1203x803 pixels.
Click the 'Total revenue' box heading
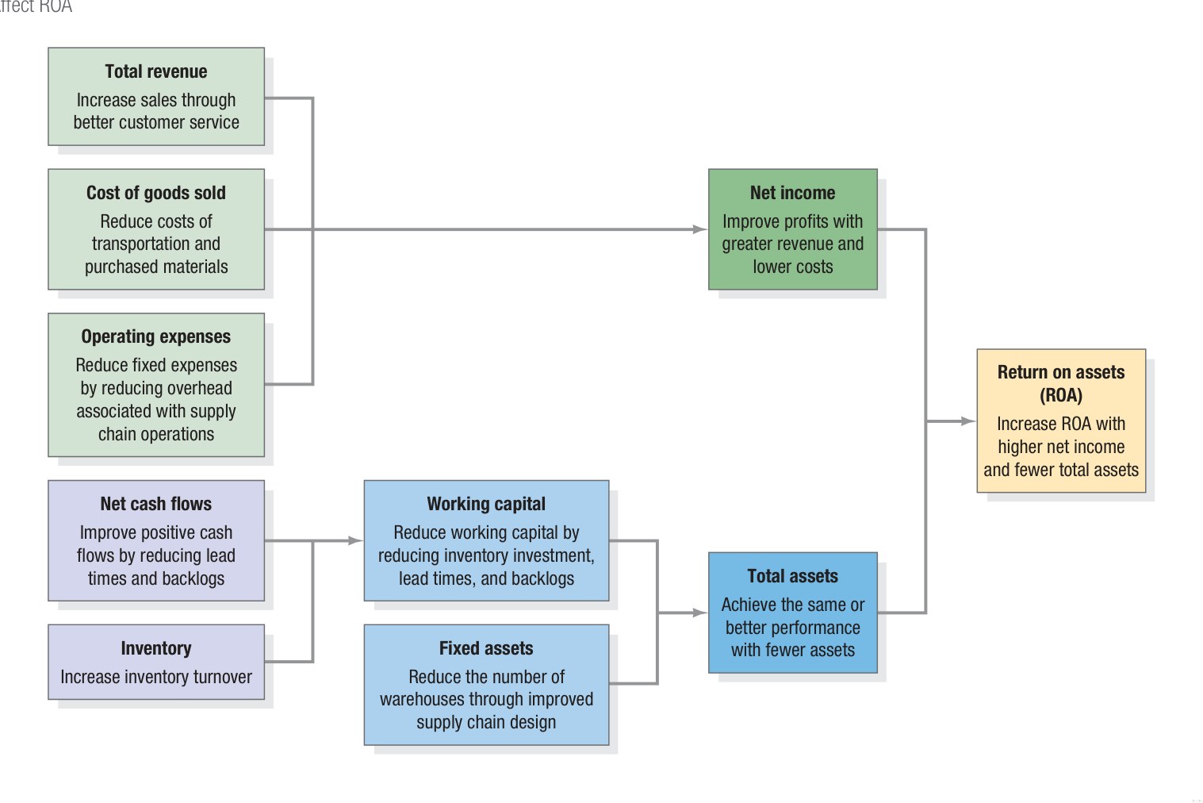(x=155, y=71)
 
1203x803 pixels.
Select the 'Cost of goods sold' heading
(x=155, y=193)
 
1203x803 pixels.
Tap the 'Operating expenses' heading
(x=155, y=336)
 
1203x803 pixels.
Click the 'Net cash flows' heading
(x=155, y=504)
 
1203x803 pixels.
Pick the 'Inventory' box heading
(x=155, y=648)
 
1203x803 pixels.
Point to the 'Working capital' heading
(x=486, y=504)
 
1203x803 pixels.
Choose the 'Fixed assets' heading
(x=486, y=648)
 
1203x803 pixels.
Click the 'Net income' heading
(x=792, y=193)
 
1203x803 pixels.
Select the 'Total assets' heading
(x=792, y=576)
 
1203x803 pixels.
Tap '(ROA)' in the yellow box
(x=1060, y=395)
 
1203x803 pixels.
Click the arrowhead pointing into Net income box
(x=699, y=229)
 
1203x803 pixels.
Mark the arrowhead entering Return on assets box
(x=967, y=421)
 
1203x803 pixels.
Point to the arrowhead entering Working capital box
(x=355, y=541)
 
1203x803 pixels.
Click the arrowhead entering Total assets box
(x=699, y=613)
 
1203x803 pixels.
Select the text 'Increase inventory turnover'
(x=155, y=677)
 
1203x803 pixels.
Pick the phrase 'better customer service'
(x=155, y=122)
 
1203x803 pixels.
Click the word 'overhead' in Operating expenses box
(x=201, y=389)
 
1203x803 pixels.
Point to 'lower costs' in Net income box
(x=792, y=267)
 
